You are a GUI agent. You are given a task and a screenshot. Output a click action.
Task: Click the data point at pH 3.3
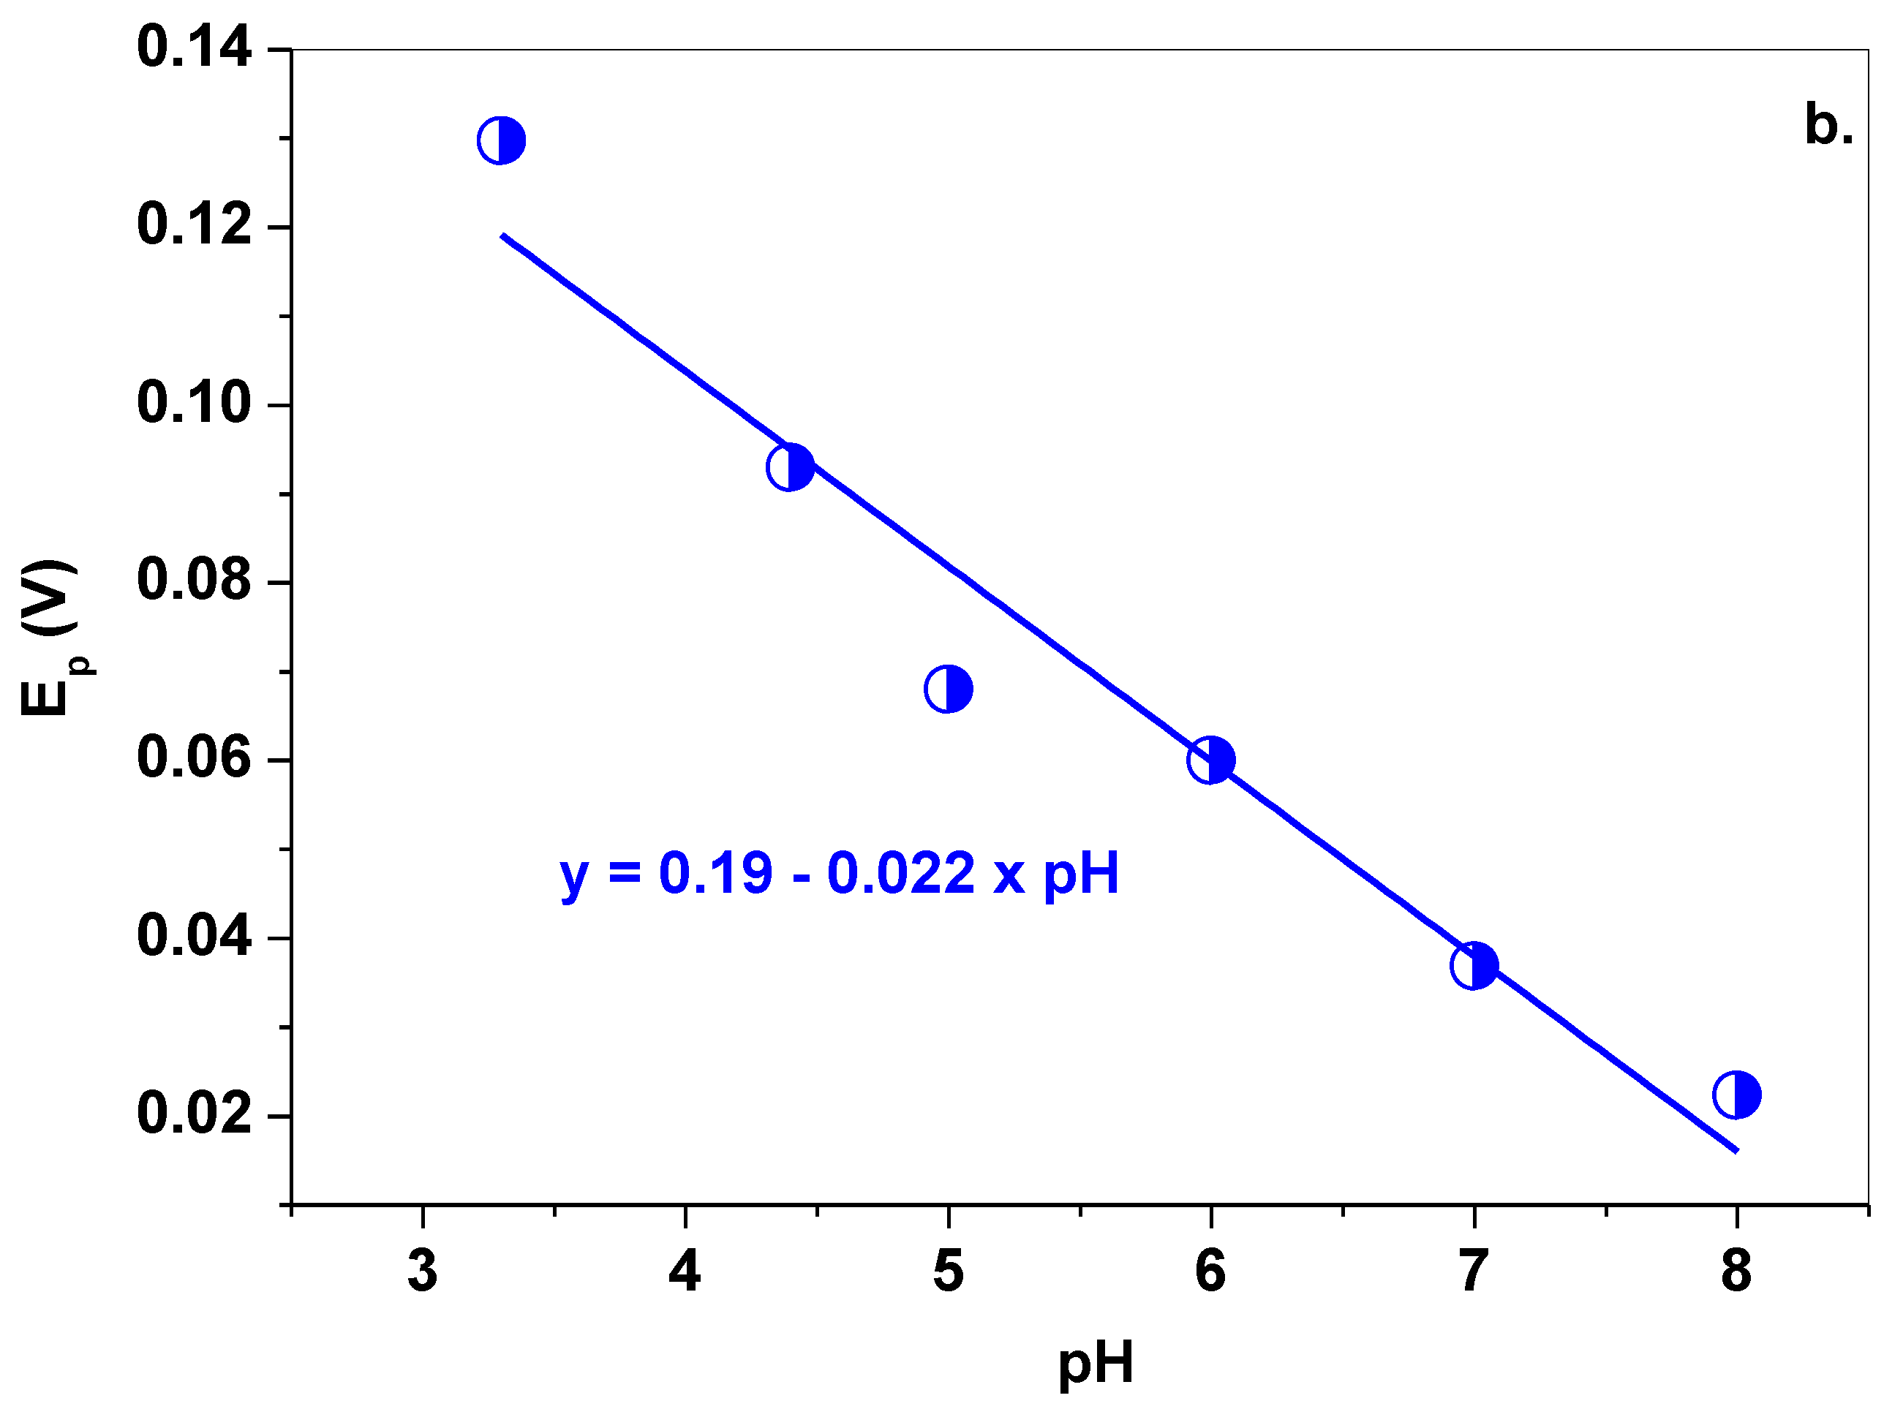click(501, 140)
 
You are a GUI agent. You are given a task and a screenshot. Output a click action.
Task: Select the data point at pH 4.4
click(790, 467)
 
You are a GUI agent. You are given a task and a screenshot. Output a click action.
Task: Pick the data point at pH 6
click(1210, 760)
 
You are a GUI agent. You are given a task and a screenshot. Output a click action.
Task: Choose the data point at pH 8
click(1736, 1095)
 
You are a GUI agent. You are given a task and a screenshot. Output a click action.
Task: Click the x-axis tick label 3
click(422, 1272)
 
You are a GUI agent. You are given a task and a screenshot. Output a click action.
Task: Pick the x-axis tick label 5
click(948, 1272)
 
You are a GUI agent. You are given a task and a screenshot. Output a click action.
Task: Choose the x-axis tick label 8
click(1736, 1272)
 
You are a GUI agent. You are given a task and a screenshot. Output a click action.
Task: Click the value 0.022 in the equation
click(901, 873)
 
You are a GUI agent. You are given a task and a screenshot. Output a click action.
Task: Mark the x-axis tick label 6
click(1210, 1272)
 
